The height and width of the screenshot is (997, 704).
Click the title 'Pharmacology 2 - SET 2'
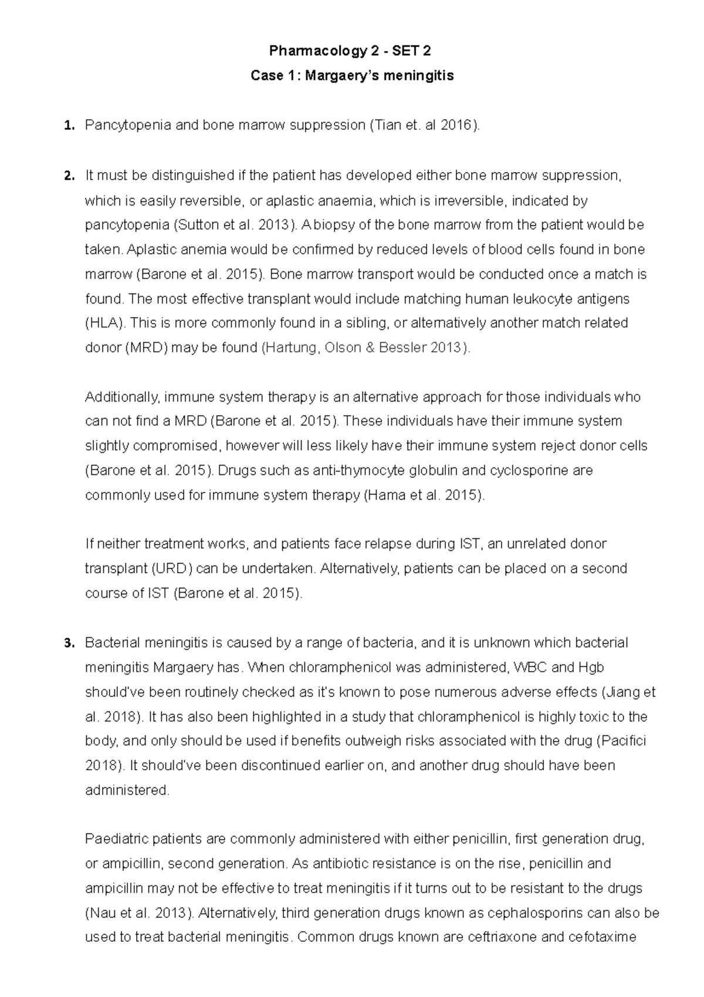click(x=350, y=51)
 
